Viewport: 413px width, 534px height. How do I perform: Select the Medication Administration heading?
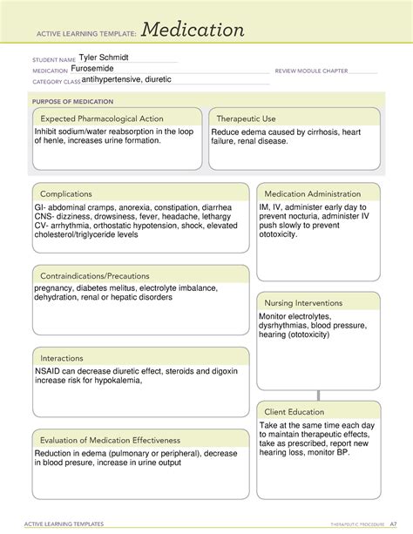(x=312, y=193)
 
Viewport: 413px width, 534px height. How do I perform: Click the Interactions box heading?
(x=64, y=358)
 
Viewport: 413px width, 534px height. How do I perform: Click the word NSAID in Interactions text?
(x=49, y=371)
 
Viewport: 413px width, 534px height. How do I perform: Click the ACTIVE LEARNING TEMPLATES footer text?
(x=68, y=524)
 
